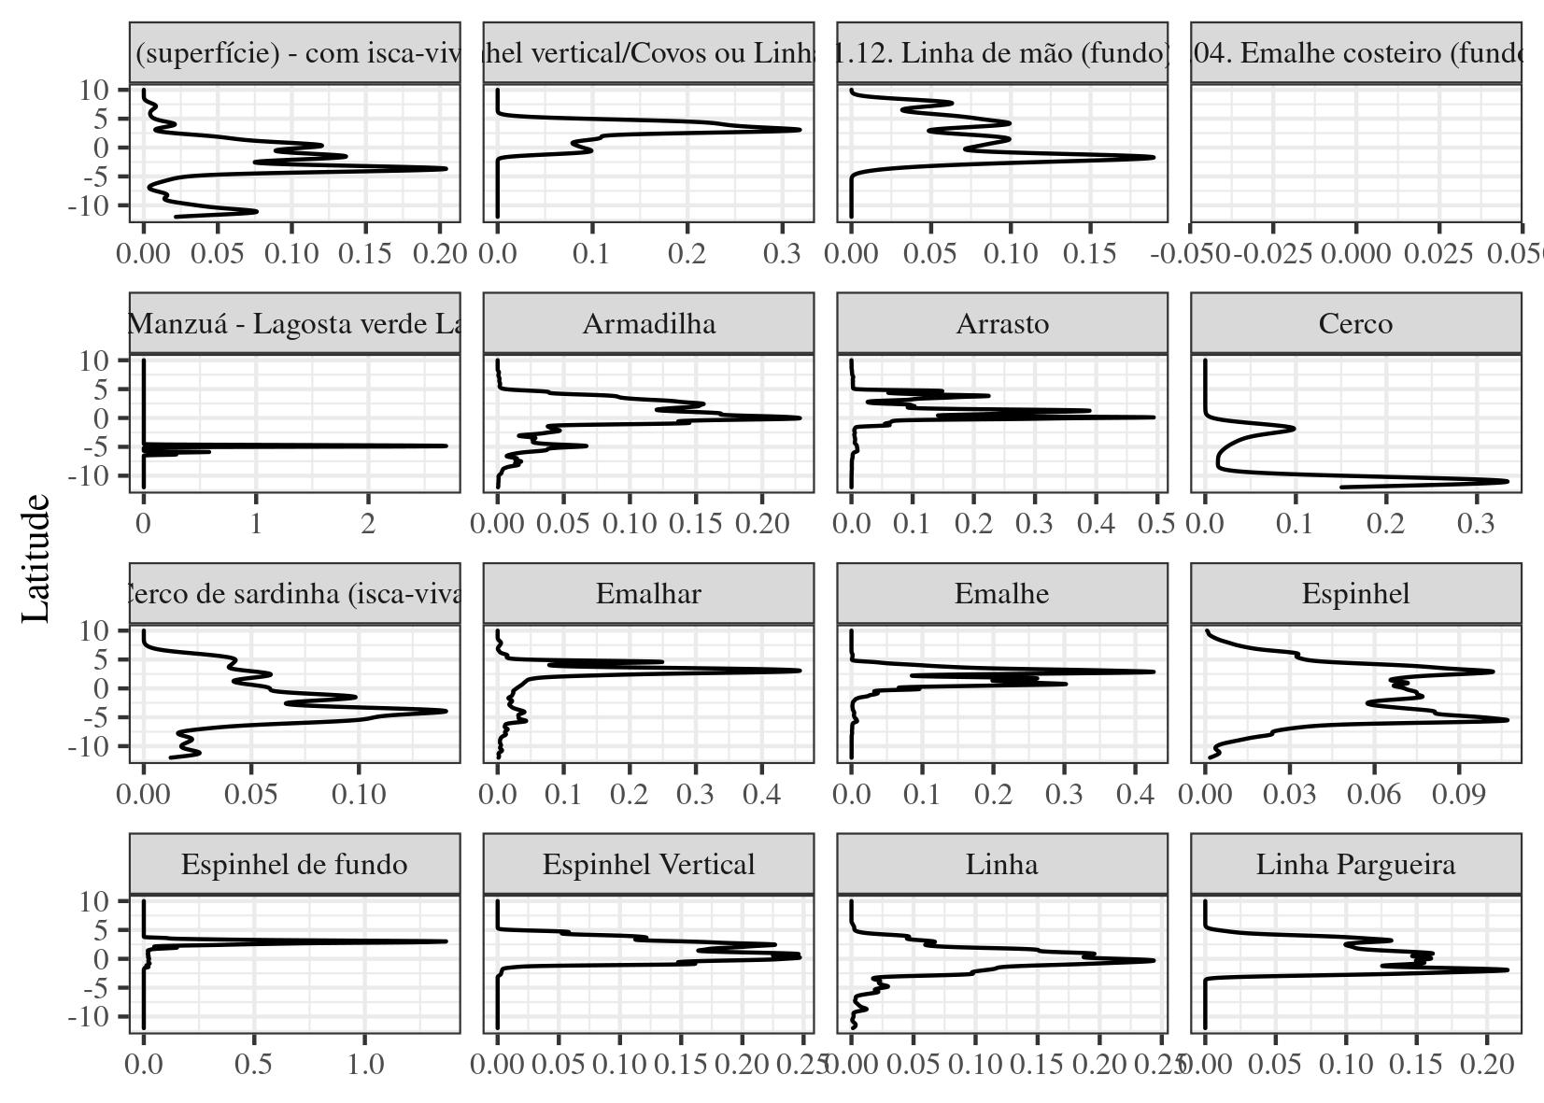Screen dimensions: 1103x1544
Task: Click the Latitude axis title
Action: [x=35, y=558]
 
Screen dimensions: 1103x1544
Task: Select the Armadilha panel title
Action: [x=648, y=324]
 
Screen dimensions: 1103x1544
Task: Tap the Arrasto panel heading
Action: [x=1001, y=324]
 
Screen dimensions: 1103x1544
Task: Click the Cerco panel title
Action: [x=1355, y=324]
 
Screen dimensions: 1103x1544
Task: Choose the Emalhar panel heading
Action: [x=648, y=594]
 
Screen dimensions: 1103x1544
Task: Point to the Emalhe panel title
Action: [x=1001, y=594]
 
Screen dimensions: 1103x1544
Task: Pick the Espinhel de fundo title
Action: [x=294, y=865]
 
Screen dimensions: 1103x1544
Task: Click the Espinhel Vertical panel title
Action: [x=648, y=865]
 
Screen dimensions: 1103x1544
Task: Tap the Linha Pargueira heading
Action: [x=1355, y=865]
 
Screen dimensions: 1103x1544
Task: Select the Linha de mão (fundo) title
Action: [x=1001, y=53]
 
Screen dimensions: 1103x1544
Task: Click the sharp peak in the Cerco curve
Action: [x=1508, y=481]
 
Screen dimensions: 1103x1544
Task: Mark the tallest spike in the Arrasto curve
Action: [x=1154, y=417]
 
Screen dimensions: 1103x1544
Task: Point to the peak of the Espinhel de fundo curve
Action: [x=446, y=941]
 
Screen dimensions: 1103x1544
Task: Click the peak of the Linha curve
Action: [x=1154, y=960]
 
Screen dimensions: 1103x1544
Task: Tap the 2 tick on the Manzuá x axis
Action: [x=368, y=524]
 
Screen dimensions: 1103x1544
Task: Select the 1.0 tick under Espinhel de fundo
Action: [x=364, y=1065]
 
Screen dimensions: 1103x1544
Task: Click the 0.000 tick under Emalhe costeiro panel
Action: [x=1356, y=254]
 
